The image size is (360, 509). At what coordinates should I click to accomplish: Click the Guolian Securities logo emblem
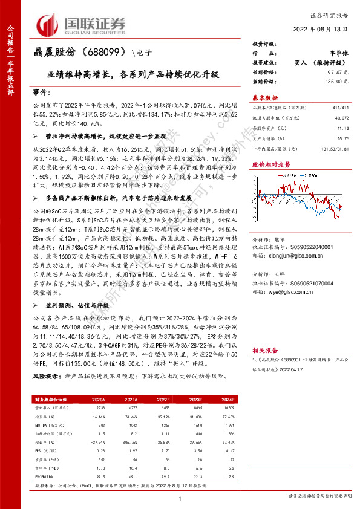click(49, 24)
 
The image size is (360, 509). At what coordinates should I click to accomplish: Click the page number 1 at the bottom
click(180, 497)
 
